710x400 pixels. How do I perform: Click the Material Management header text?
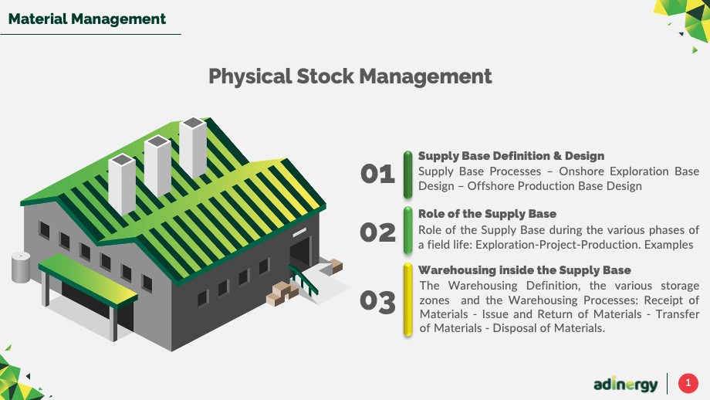(87, 19)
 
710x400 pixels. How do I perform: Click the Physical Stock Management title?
(350, 76)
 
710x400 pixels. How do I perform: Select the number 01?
(377, 174)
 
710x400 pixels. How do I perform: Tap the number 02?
(377, 233)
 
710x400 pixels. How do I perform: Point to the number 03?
(377, 302)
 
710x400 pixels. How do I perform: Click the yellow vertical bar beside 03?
(408, 300)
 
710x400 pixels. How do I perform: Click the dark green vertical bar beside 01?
(408, 175)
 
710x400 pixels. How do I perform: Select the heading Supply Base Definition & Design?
(511, 156)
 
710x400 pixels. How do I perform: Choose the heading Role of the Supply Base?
(487, 214)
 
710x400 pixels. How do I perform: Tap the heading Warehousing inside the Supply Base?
(524, 270)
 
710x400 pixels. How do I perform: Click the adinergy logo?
(625, 384)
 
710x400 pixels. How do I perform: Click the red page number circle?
(688, 383)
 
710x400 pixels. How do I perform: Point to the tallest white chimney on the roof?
(193, 147)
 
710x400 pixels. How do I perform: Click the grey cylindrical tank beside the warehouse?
(21, 267)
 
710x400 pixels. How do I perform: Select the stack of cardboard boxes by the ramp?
(282, 293)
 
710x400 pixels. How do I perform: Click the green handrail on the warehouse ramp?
(303, 279)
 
